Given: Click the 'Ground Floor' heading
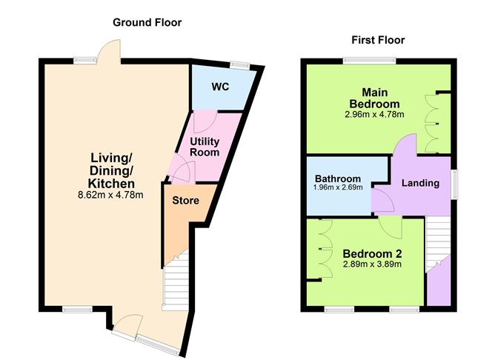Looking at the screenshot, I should tap(147, 22).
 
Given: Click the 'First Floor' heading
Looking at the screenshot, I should tap(379, 40).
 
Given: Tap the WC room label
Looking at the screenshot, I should tap(220, 87).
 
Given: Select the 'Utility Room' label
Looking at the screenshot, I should tap(205, 146).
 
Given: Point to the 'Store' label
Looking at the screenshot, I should tap(185, 201).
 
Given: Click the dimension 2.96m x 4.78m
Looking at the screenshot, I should tap(375, 115).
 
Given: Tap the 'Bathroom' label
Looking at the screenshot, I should tap(338, 179).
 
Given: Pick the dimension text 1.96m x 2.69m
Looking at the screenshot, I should tap(338, 188).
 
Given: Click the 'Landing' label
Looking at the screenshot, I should tap(420, 183).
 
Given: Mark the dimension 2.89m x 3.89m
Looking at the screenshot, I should tap(372, 264).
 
